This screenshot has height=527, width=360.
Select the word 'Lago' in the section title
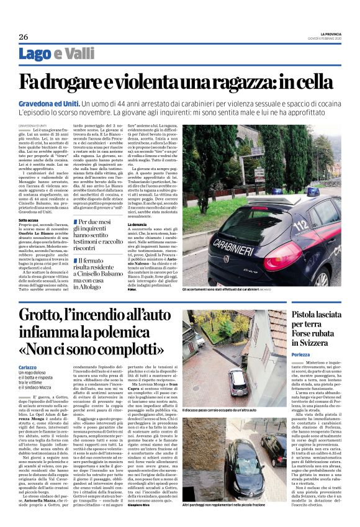(35, 54)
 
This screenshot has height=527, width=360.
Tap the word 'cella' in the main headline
(318, 81)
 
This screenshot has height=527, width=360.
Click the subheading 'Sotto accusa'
(29, 220)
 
